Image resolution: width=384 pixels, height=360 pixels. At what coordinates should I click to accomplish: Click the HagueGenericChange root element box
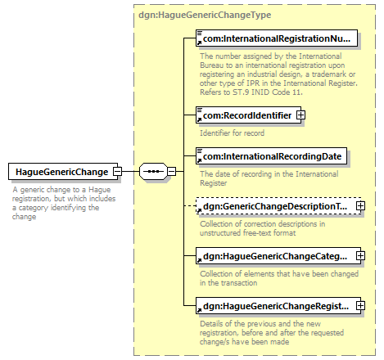coord(63,172)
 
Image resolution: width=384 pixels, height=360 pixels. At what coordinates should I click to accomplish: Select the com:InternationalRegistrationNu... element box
coord(277,38)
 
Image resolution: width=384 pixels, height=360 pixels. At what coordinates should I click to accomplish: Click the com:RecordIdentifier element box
coord(248,115)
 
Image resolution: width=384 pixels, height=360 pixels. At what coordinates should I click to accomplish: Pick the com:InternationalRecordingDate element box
coord(271,156)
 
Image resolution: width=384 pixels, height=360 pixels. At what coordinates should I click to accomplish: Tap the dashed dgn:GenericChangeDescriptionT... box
coord(278,206)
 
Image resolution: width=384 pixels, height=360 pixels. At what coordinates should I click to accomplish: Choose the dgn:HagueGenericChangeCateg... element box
coord(278,256)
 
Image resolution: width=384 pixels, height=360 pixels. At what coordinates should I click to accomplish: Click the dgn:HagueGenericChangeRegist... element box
coord(278,306)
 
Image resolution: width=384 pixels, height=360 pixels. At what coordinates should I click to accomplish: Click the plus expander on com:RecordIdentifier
coord(301,115)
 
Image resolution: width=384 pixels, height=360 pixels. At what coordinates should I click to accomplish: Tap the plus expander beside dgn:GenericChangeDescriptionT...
coord(360,206)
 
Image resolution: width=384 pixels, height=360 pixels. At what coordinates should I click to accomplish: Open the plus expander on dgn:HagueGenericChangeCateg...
coord(360,256)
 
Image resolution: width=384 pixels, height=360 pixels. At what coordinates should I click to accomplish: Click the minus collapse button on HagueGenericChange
coord(118,172)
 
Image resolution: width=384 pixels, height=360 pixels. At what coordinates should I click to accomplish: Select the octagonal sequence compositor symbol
coord(153,172)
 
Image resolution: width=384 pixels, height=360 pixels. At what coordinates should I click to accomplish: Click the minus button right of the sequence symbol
coord(172,172)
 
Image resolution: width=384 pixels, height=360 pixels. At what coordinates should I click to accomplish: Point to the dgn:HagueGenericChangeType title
coord(205,15)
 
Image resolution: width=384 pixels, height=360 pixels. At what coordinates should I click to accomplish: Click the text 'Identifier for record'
coord(233,133)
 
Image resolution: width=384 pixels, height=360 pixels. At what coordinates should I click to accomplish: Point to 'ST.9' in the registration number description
coord(241,92)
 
